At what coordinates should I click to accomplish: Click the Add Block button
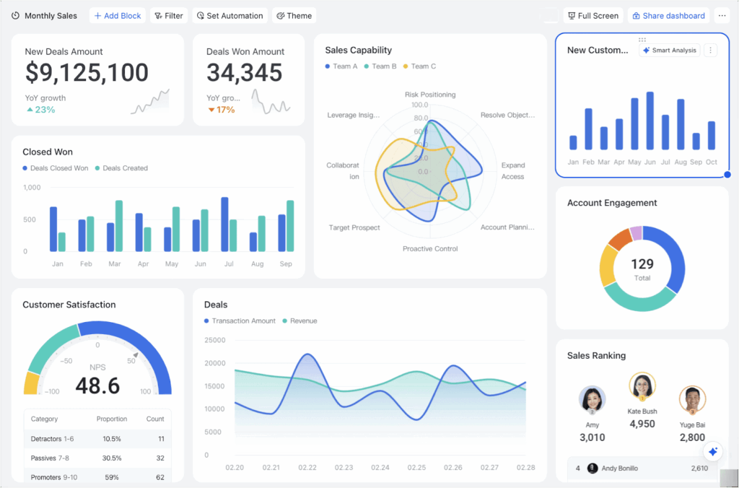[118, 16]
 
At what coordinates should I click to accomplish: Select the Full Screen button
[592, 16]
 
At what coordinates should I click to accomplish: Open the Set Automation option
[229, 16]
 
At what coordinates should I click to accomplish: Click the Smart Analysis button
[669, 51]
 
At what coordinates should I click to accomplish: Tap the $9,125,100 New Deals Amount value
[87, 72]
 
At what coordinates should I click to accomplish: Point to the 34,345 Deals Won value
[244, 72]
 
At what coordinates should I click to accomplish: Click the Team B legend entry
[380, 66]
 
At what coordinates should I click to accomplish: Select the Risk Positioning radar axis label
[429, 95]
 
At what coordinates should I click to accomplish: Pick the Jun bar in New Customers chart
[650, 121]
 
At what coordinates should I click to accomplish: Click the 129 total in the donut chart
[642, 265]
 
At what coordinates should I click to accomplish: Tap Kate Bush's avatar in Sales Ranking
[642, 385]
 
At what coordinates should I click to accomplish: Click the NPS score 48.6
[97, 385]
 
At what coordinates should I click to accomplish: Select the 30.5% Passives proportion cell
[111, 458]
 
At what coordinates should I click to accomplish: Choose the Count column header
[155, 419]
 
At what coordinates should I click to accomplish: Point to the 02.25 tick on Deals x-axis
[416, 468]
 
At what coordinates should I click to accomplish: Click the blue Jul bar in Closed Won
[224, 225]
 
